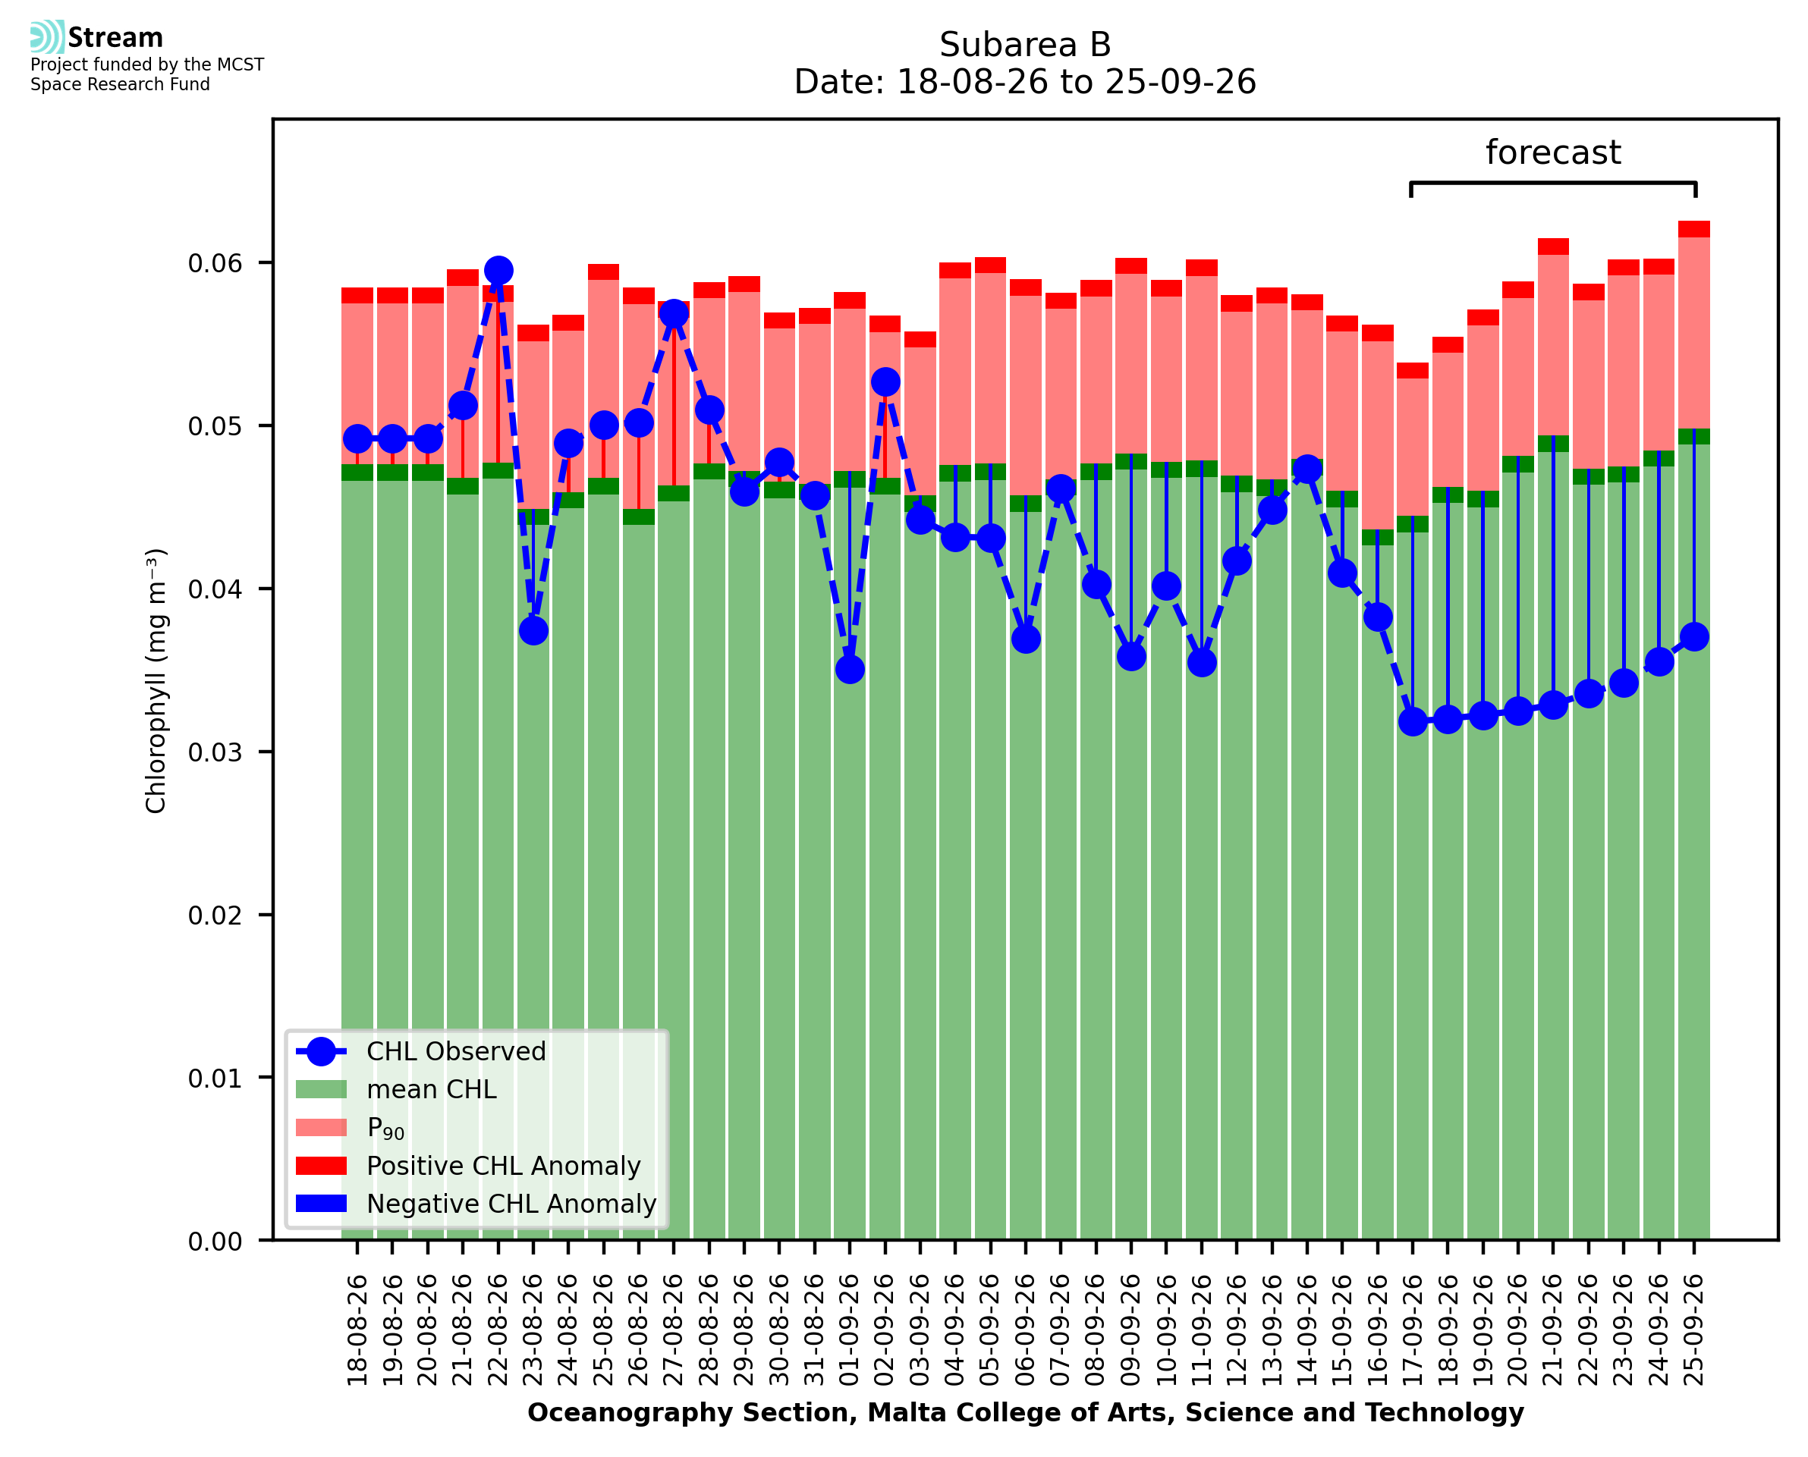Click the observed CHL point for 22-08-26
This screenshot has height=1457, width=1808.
point(498,270)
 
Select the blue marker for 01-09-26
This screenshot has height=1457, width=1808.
point(850,669)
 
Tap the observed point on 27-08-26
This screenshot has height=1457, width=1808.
point(673,314)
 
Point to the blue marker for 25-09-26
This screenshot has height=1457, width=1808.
point(1694,636)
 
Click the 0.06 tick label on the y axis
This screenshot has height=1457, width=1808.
point(214,263)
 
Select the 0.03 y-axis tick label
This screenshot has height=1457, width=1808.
point(214,752)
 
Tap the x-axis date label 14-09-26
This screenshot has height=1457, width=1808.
point(1307,1330)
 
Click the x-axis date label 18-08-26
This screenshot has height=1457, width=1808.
point(357,1330)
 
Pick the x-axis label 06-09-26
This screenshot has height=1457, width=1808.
point(1026,1330)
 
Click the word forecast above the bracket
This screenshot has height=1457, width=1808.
point(1553,152)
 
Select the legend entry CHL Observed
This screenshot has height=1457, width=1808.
point(420,1050)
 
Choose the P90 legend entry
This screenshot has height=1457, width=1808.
point(351,1128)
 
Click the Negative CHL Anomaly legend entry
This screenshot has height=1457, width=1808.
point(476,1204)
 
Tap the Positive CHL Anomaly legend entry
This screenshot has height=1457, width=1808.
point(468,1166)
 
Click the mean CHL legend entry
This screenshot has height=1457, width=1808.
point(396,1089)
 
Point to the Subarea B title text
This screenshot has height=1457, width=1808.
point(1025,45)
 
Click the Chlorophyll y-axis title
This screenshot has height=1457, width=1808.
point(156,680)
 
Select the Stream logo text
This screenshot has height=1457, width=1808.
point(115,38)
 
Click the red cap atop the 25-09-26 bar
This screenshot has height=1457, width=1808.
point(1694,229)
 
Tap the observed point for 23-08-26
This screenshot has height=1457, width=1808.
point(533,630)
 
